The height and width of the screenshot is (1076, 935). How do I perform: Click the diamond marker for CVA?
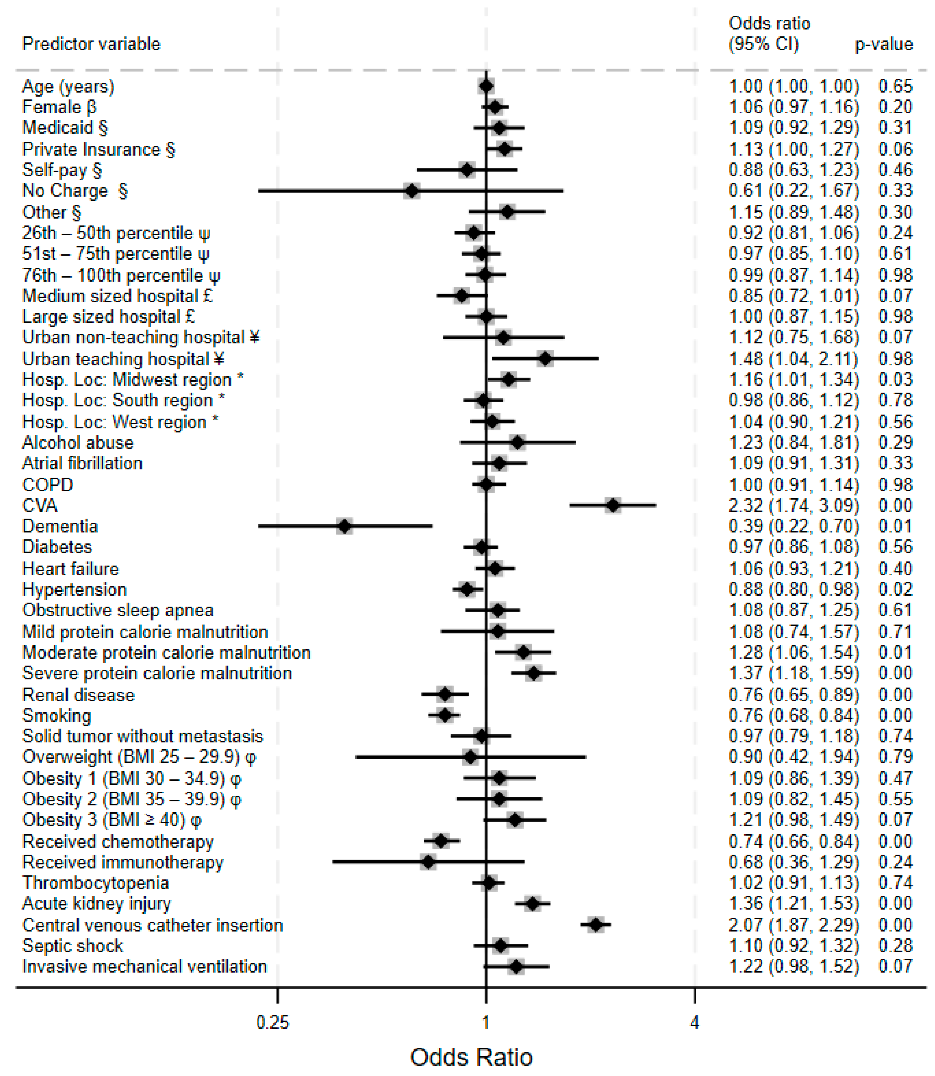click(x=613, y=505)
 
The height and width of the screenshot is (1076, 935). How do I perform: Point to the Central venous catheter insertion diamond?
click(x=596, y=925)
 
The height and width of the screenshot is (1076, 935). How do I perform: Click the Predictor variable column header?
click(x=91, y=44)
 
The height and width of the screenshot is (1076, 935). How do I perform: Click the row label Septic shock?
click(x=73, y=946)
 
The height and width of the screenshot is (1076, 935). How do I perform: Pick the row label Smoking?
click(x=57, y=715)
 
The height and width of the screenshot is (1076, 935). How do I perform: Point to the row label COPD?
click(x=47, y=485)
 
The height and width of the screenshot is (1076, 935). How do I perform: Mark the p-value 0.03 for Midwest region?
click(x=895, y=379)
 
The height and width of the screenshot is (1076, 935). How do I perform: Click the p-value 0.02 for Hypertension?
click(x=895, y=590)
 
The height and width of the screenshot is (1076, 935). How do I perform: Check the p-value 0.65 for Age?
click(x=895, y=86)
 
